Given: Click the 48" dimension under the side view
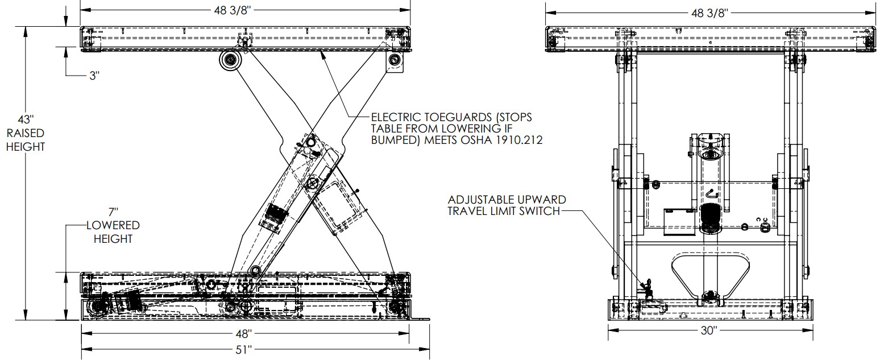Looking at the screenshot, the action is pyautogui.click(x=244, y=334).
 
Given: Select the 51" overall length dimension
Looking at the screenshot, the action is pyautogui.click(x=244, y=349).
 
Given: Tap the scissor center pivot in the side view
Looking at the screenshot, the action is pyautogui.click(x=311, y=183).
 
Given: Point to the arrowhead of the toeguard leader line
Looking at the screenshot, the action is pyautogui.click(x=323, y=53).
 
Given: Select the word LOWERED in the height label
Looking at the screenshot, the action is pyautogui.click(x=113, y=226).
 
